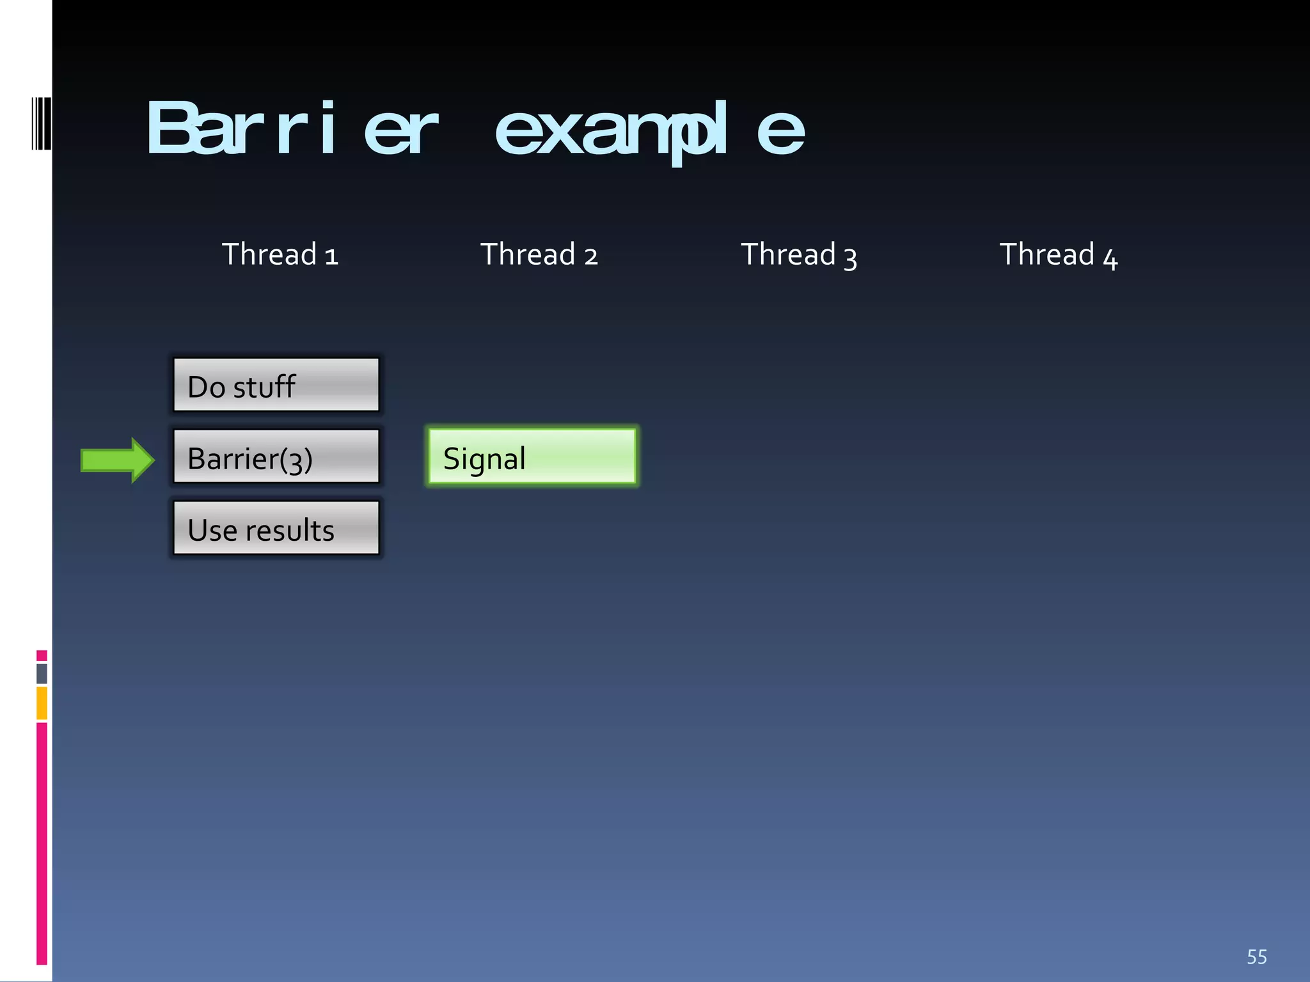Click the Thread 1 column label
coord(280,254)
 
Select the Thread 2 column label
coord(539,254)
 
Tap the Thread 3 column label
coord(798,254)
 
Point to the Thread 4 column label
coord(1058,254)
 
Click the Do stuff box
coord(276,385)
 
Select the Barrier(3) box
coord(276,456)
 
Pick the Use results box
coord(276,528)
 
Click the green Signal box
coord(532,456)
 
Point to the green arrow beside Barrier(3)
coord(117,460)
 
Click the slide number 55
coord(1256,957)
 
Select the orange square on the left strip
coord(42,703)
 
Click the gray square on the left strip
coord(42,673)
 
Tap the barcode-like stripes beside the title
coord(41,123)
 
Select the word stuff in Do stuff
coord(264,387)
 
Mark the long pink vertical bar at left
coord(42,843)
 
